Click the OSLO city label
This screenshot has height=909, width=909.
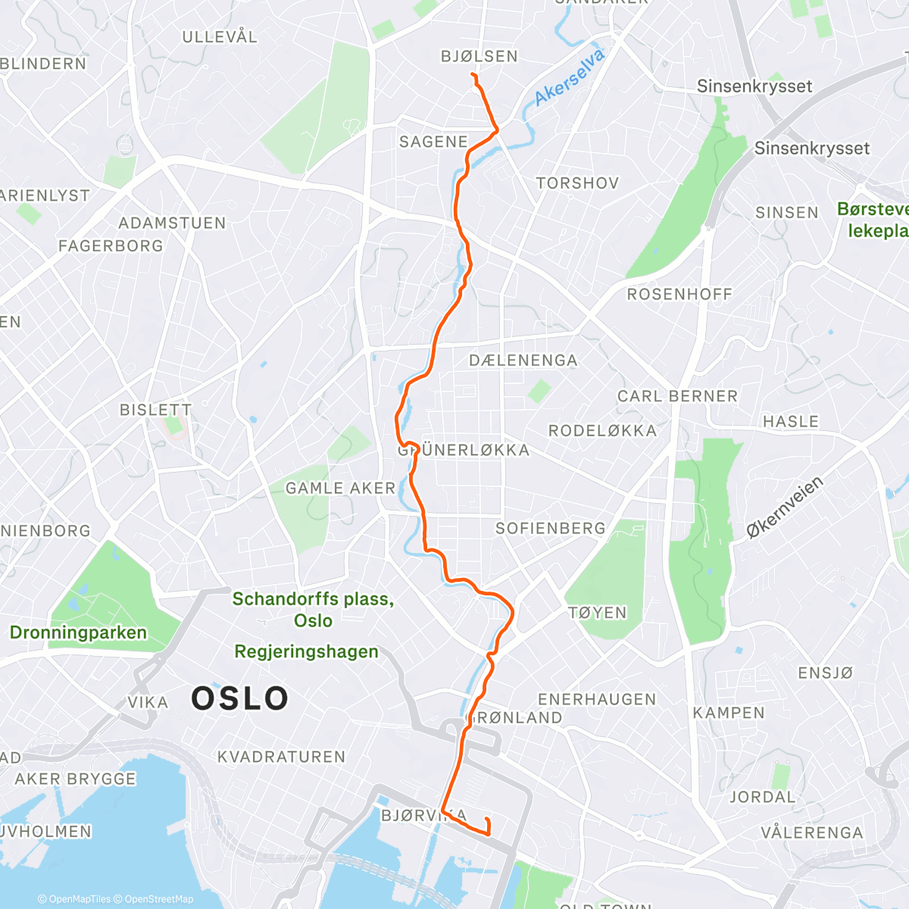tap(239, 698)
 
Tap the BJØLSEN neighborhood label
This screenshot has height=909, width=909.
tap(479, 56)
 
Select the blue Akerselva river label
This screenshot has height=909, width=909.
tap(570, 77)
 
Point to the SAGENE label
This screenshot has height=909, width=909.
tap(433, 142)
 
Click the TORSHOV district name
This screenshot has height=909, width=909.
tap(577, 183)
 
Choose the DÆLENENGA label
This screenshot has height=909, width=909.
tap(523, 361)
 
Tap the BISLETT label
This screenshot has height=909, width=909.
tap(155, 410)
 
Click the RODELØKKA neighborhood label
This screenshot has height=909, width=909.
tap(602, 431)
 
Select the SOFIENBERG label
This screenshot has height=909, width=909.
tap(550, 528)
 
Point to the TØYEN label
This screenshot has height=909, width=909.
tap(598, 613)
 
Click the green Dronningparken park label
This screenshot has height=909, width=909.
tap(78, 633)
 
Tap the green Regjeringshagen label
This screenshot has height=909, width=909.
tap(306, 651)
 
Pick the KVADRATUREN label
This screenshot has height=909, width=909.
tap(281, 757)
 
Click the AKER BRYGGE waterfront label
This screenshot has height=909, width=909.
tap(76, 779)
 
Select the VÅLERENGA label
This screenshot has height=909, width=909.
tap(812, 832)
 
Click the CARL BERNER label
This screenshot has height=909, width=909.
tap(677, 396)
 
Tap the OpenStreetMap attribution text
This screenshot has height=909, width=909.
tap(158, 899)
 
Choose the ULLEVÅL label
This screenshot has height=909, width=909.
tap(220, 36)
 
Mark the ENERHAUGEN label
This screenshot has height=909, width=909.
tap(597, 699)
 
